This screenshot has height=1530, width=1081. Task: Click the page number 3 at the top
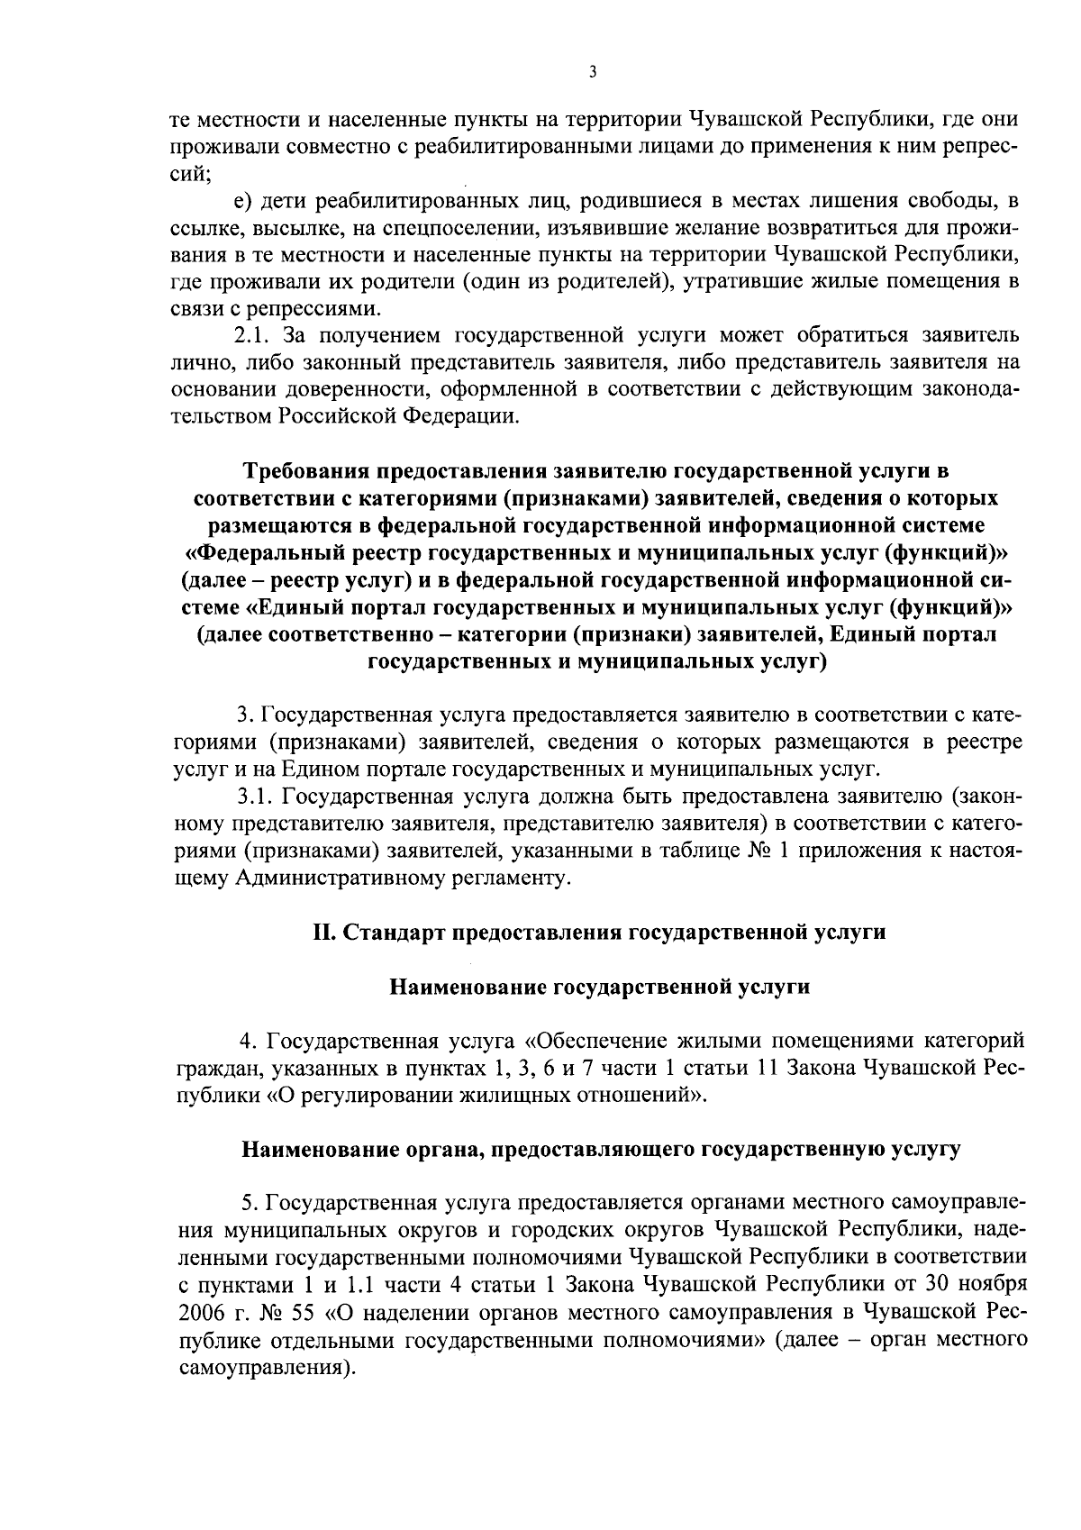592,73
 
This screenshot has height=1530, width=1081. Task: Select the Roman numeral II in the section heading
322,932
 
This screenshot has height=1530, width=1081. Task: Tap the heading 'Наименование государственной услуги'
599,987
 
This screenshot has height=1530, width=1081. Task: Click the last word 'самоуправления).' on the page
264,1367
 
